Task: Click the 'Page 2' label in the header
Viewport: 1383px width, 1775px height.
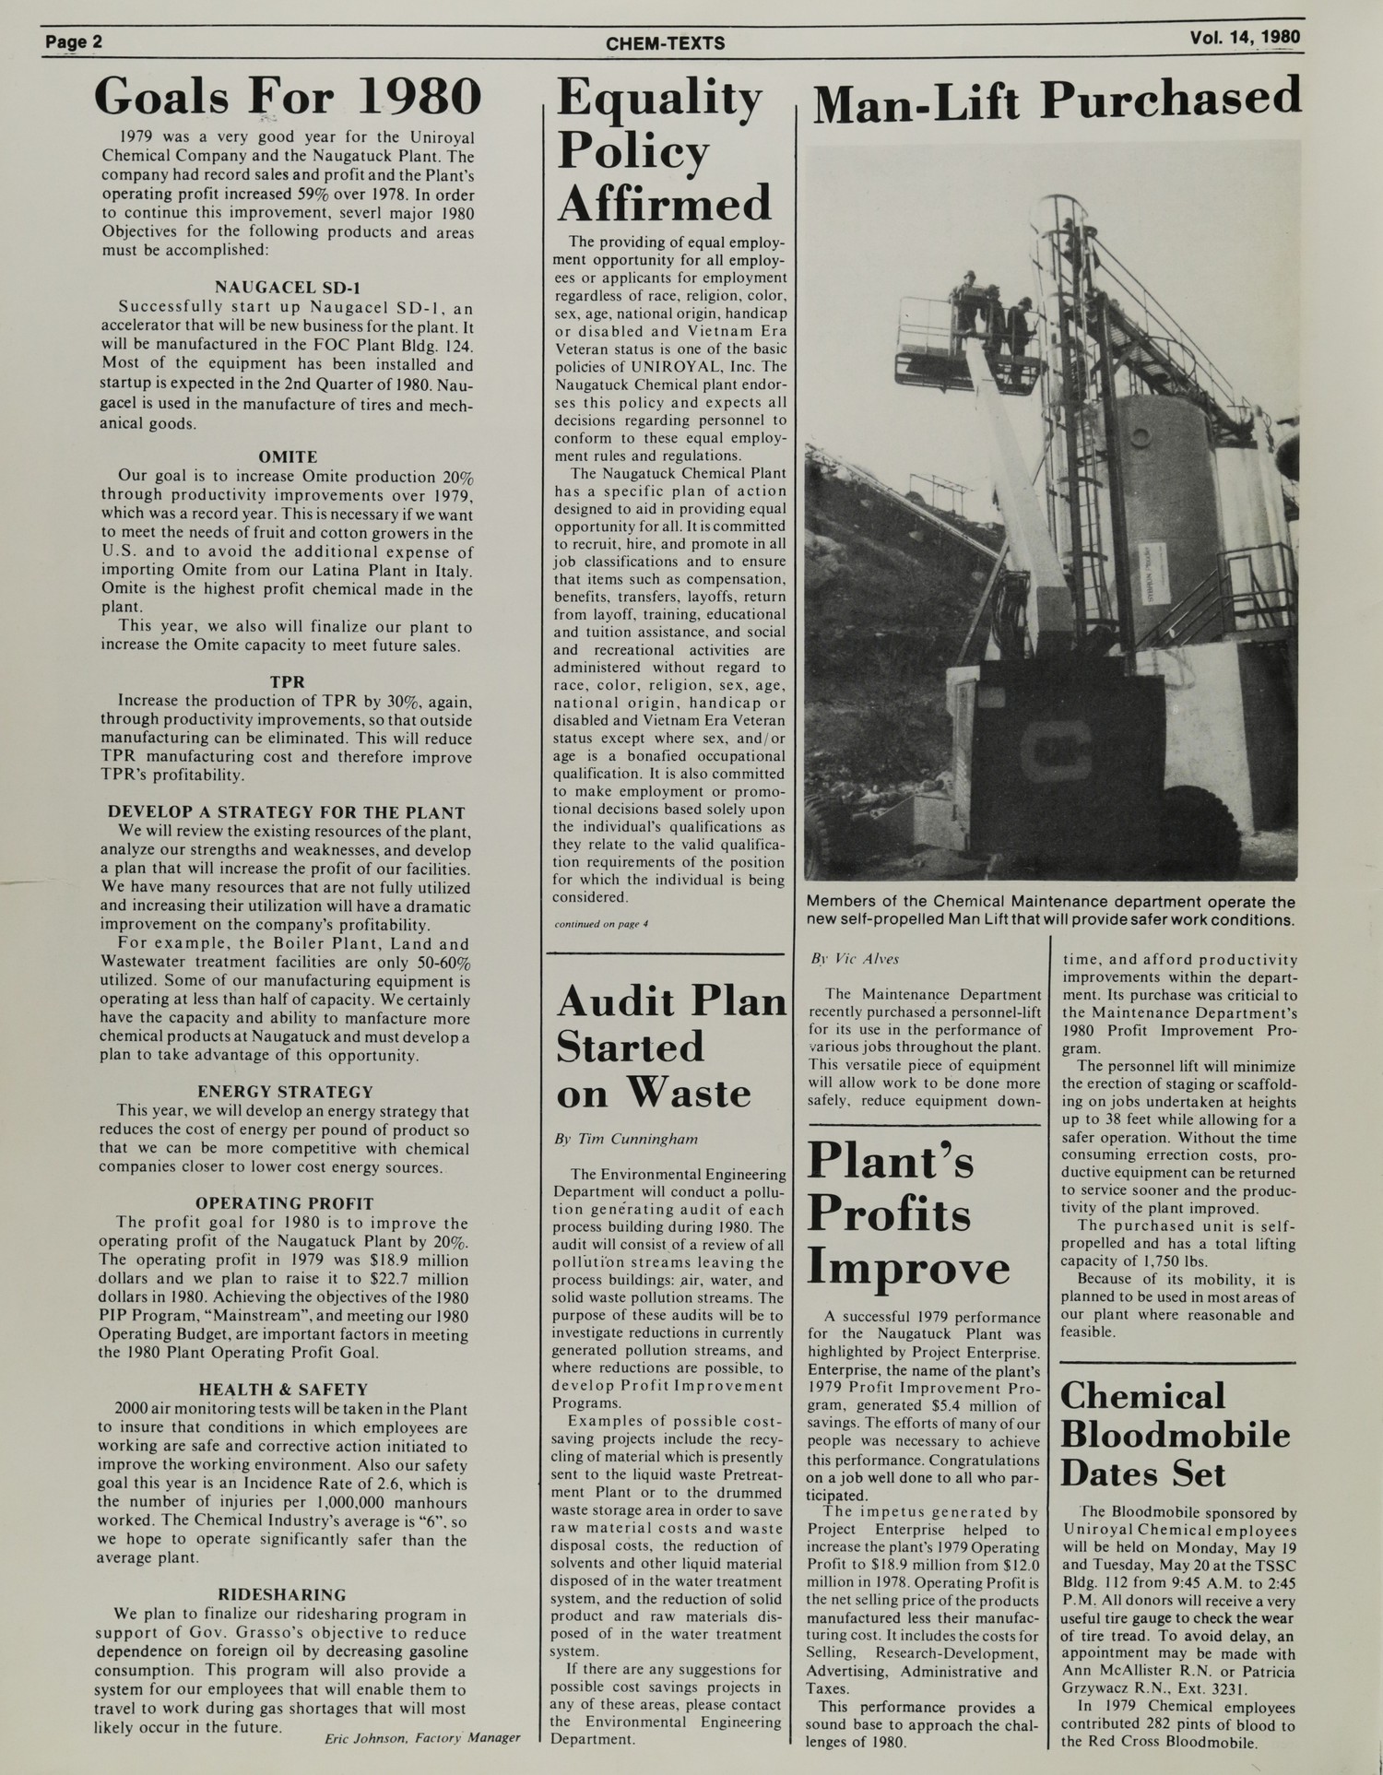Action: coord(75,42)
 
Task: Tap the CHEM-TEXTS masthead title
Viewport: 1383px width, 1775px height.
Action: coord(665,43)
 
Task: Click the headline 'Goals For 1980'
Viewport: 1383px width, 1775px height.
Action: coord(288,97)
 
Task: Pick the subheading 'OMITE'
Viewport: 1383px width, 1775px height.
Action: coord(288,457)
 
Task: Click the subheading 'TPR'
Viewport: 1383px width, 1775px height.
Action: coord(288,682)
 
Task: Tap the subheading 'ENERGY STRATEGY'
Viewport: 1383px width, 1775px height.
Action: coord(286,1093)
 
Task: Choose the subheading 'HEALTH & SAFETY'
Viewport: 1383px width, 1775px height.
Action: coord(284,1390)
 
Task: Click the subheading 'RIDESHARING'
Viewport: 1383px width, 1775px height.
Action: coord(282,1595)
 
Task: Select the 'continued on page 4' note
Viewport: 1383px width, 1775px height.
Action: coord(601,924)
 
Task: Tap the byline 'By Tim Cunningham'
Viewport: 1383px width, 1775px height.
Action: coord(626,1139)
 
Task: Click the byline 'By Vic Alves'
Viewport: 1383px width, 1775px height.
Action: coord(855,959)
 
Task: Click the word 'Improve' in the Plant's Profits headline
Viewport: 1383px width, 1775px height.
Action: coord(908,1268)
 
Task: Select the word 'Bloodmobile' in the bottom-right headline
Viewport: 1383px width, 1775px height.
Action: coord(1175,1435)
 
